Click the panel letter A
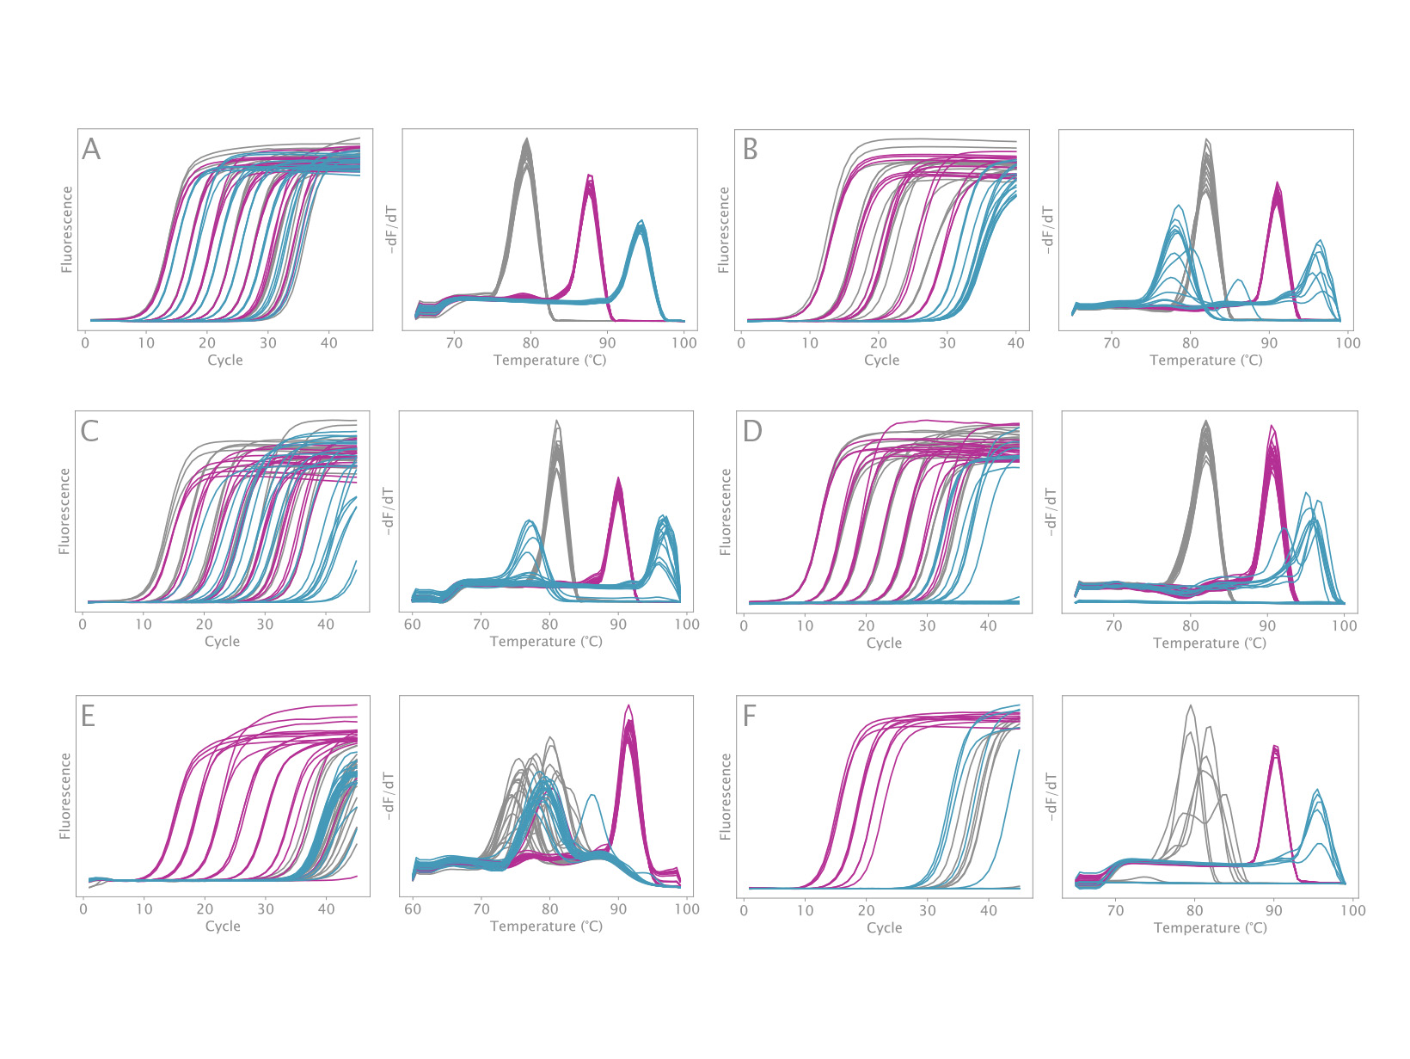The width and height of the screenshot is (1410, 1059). click(x=91, y=150)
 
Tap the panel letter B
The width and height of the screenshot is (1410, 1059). click(x=750, y=150)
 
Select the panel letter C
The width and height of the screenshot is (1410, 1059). click(x=89, y=431)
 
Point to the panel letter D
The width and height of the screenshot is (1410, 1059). click(x=752, y=431)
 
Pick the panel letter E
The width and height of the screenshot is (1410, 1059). click(x=88, y=716)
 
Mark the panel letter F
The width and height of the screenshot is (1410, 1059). click(x=750, y=716)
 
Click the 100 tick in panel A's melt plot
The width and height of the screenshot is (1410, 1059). click(x=684, y=343)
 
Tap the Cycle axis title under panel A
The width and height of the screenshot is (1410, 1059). click(x=225, y=360)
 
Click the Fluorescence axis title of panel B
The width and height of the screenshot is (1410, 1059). click(x=724, y=231)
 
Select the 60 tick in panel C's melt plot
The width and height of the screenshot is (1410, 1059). click(x=413, y=625)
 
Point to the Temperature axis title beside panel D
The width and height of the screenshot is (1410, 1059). click(x=1210, y=643)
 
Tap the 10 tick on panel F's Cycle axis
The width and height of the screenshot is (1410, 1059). click(x=805, y=910)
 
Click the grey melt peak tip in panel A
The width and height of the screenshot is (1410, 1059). click(x=526, y=139)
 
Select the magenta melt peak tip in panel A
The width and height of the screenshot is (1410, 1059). click(x=590, y=175)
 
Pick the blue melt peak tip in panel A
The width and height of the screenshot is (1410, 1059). click(x=641, y=222)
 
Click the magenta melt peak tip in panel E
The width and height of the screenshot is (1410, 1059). click(x=628, y=705)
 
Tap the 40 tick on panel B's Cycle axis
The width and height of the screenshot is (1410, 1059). click(x=1016, y=343)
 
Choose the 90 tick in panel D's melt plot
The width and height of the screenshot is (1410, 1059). click(x=1267, y=626)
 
